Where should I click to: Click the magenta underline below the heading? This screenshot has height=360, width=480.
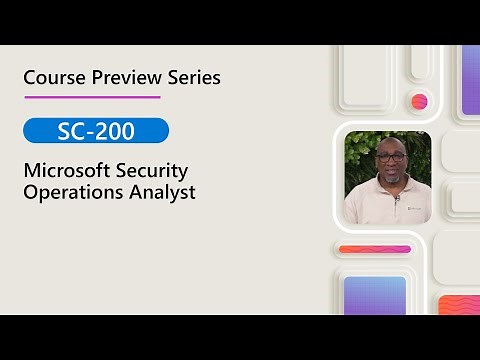click(92, 97)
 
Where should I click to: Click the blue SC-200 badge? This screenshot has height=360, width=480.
click(96, 130)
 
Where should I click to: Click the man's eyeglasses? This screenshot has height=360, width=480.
click(390, 157)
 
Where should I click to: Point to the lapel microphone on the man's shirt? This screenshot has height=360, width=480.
click(397, 199)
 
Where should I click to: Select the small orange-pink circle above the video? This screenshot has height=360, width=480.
click(419, 101)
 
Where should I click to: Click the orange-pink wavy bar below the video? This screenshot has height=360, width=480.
click(374, 249)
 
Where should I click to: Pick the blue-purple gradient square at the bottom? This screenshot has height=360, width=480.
click(374, 295)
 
